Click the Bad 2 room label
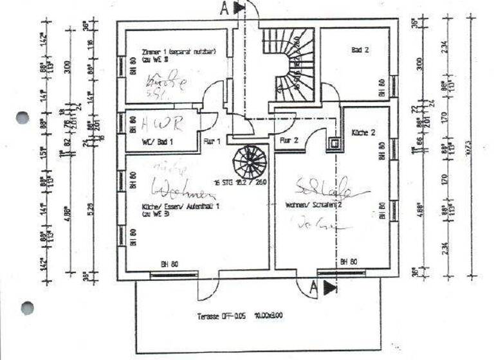(x=360, y=50)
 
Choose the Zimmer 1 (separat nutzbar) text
(x=178, y=51)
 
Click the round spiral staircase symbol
(x=249, y=163)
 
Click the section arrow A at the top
(x=233, y=8)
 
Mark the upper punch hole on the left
(x=23, y=117)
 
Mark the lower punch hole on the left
(x=26, y=308)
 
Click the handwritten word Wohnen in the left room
(x=179, y=191)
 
